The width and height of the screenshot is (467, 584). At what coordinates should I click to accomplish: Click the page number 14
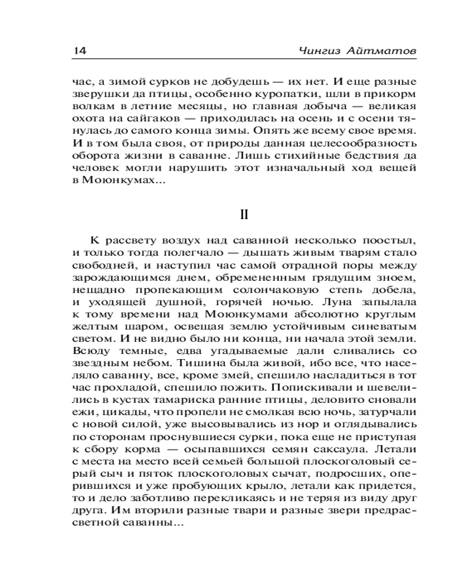pyautogui.click(x=79, y=50)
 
